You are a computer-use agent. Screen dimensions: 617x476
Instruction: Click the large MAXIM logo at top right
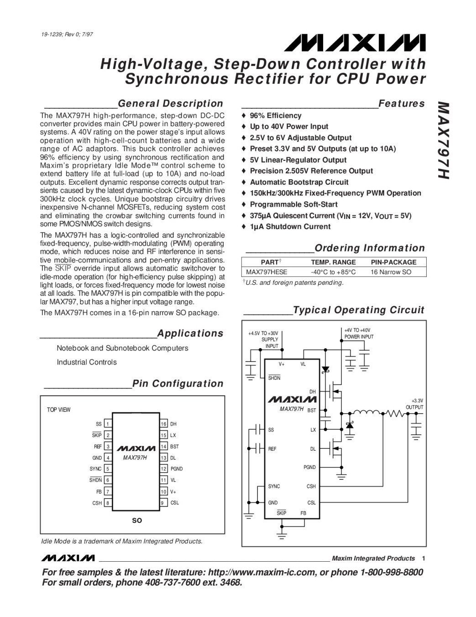pos(355,43)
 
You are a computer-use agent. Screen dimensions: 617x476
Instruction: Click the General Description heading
pos(170,104)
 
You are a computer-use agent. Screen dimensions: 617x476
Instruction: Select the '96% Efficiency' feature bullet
pos(275,116)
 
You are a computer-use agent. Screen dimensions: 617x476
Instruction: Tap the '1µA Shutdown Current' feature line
pos(290,227)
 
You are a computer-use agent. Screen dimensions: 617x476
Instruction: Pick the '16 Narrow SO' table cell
pos(391,272)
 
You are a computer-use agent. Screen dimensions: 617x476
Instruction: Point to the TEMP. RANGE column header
pos(333,262)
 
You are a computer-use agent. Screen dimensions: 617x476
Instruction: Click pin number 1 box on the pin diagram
pos(108,424)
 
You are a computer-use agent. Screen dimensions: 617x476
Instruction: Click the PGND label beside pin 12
pos(176,469)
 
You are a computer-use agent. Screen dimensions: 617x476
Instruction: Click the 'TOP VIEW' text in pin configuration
pos(59,410)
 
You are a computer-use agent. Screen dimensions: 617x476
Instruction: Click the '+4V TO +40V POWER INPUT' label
pos(359,333)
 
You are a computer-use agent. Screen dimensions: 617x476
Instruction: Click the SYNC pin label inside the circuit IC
pos(274,486)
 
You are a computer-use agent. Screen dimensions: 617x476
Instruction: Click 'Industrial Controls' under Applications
pos(87,362)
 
